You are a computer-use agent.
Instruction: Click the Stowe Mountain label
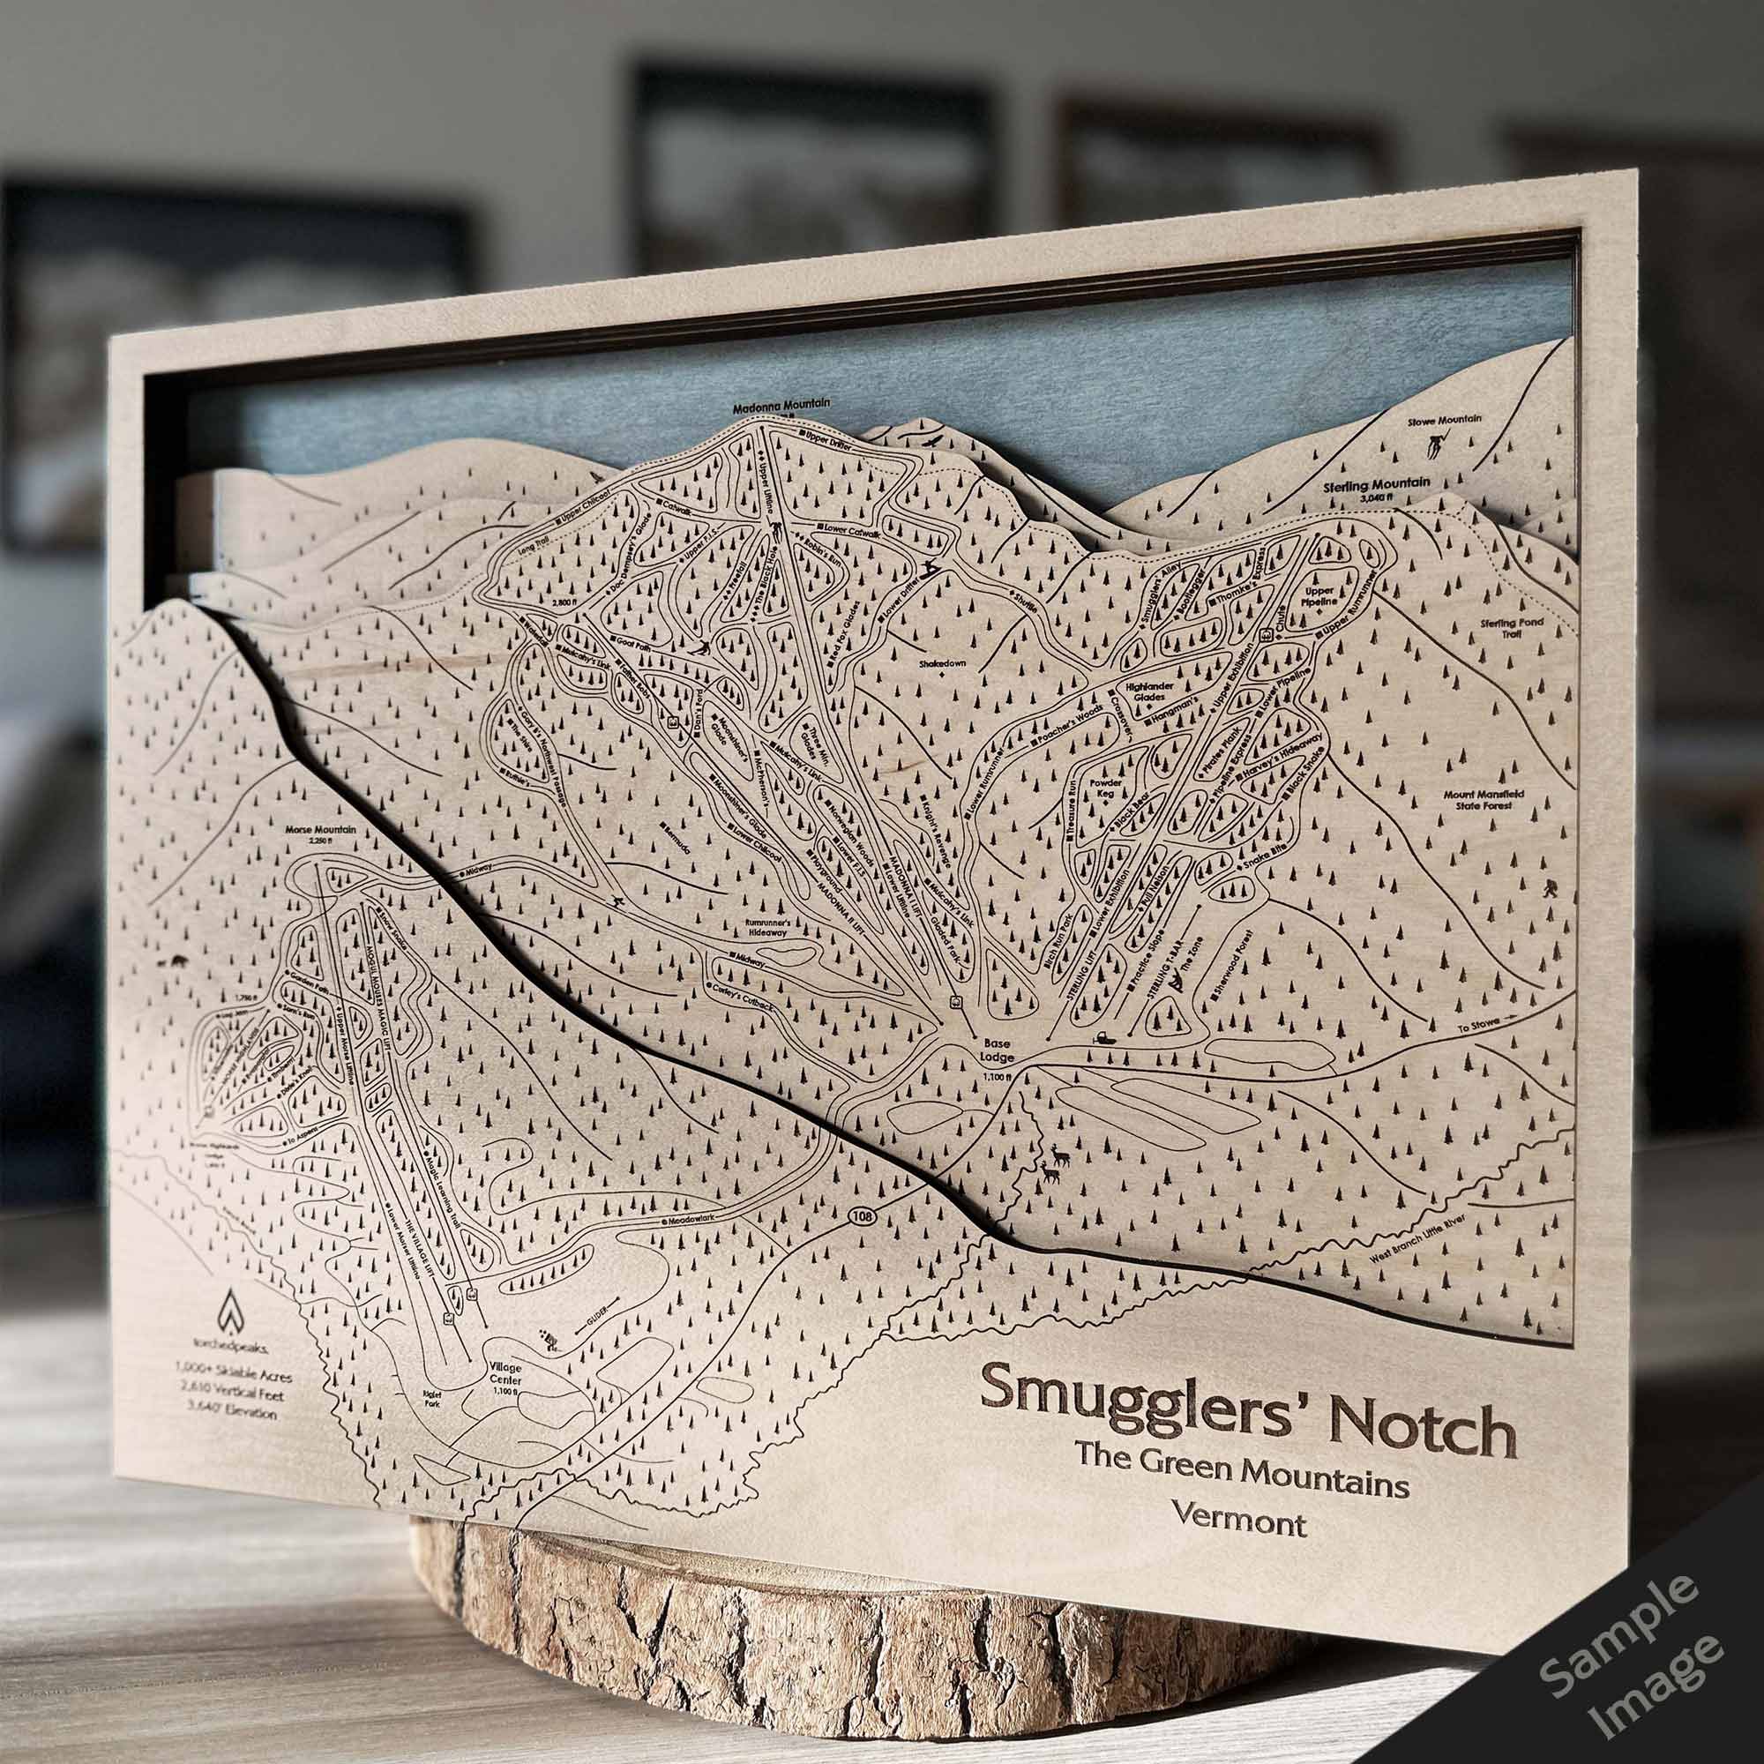(x=1446, y=420)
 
